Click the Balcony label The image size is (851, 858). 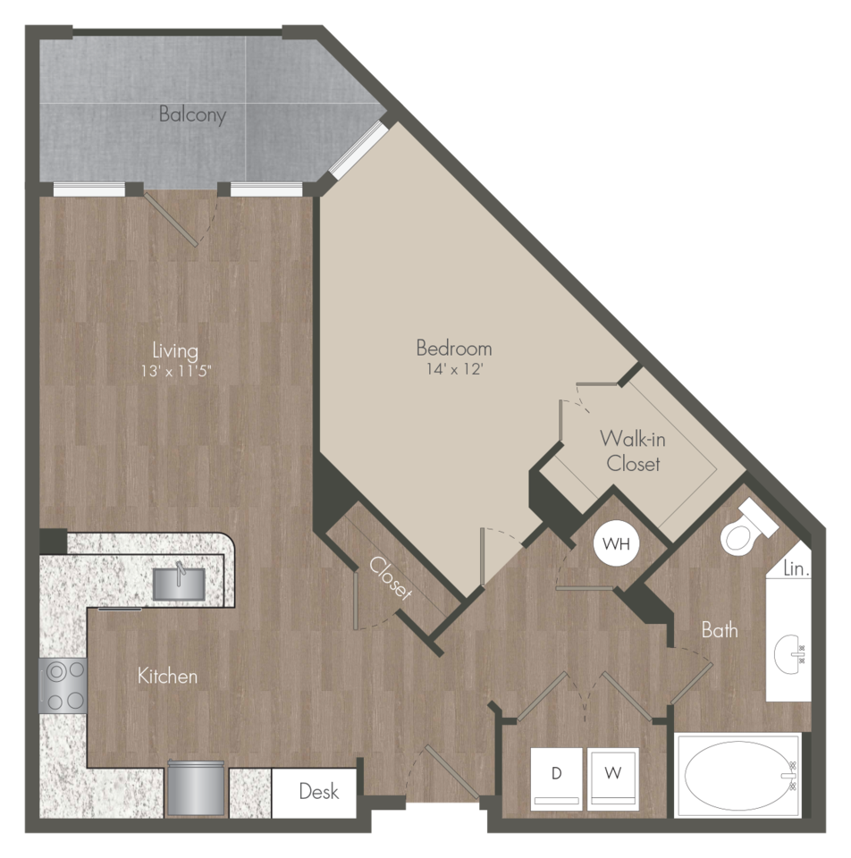pyautogui.click(x=192, y=115)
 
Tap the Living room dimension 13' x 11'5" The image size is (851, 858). pyautogui.click(x=176, y=372)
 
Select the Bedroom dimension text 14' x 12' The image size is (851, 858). pyautogui.click(x=454, y=369)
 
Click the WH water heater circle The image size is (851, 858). pyautogui.click(x=616, y=543)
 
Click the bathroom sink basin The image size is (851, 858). pyautogui.click(x=789, y=654)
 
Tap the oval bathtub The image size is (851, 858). pyautogui.click(x=738, y=776)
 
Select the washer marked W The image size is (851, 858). pyautogui.click(x=613, y=778)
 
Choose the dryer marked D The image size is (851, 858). pyautogui.click(x=557, y=778)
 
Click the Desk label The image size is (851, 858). pyautogui.click(x=319, y=791)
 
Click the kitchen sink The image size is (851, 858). pyautogui.click(x=179, y=584)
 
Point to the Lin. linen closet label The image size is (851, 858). pyautogui.click(x=796, y=568)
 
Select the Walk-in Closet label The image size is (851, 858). pyautogui.click(x=633, y=450)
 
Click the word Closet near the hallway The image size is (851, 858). pyautogui.click(x=391, y=578)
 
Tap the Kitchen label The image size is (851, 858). pyautogui.click(x=167, y=676)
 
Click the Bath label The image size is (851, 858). pyautogui.click(x=719, y=630)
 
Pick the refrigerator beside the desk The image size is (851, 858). pyautogui.click(x=196, y=788)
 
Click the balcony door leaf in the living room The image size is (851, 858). pyautogui.click(x=171, y=218)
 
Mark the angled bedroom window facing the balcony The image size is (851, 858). pyautogui.click(x=359, y=149)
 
